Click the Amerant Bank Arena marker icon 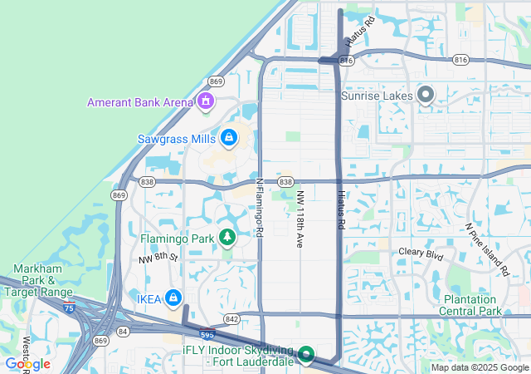[x=205, y=102]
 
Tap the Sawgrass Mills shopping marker [x=228, y=136]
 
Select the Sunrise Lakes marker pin [x=426, y=96]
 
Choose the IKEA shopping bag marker [x=173, y=297]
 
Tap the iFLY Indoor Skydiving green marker [x=305, y=356]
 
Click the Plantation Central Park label [x=472, y=305]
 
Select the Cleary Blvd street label [x=422, y=252]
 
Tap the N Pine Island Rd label [x=486, y=249]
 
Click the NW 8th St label [x=158, y=258]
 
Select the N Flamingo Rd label [x=259, y=208]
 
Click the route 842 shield [x=231, y=319]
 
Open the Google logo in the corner [x=27, y=364]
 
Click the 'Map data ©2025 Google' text [x=479, y=367]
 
